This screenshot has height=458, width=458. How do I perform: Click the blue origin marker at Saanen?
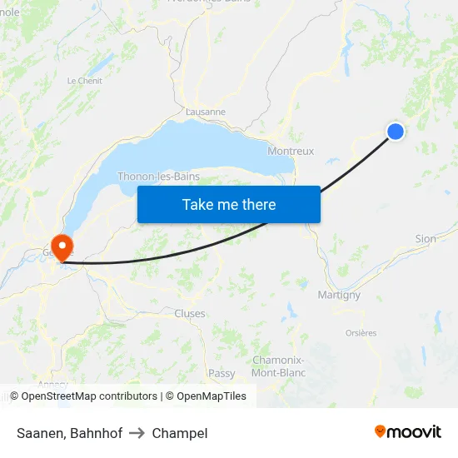tap(396, 131)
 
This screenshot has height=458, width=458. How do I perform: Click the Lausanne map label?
tap(206, 112)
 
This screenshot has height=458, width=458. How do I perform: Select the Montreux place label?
tap(291, 152)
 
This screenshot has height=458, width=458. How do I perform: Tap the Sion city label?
tap(426, 239)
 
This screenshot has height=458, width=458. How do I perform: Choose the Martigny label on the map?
tap(339, 295)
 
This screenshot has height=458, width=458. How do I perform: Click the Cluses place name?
tap(190, 313)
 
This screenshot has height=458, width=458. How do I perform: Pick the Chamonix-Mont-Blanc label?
tap(278, 366)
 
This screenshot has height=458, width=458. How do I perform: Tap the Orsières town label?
tap(361, 333)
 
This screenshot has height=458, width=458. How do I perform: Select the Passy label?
tap(222, 374)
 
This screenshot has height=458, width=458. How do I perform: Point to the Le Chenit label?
tap(84, 81)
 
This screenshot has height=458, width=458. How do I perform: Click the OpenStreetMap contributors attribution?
tap(89, 396)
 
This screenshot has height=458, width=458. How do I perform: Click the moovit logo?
tap(407, 431)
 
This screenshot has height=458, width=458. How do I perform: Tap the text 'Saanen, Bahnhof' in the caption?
tap(69, 433)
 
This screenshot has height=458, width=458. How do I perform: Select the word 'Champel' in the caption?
tap(180, 433)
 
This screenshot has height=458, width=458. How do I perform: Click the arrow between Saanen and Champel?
tap(137, 433)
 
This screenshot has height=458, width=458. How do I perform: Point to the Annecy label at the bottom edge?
tap(52, 385)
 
